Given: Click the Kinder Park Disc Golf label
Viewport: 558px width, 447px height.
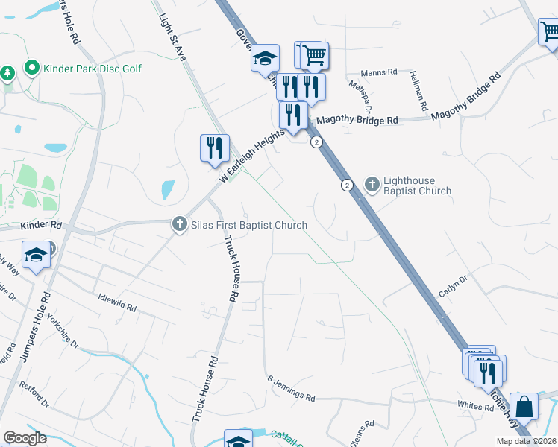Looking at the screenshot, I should pyautogui.click(x=93, y=69).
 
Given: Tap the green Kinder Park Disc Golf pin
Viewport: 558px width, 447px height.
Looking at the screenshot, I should pyautogui.click(x=32, y=69).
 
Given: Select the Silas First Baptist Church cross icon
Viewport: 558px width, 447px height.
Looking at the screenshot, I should pyautogui.click(x=179, y=224).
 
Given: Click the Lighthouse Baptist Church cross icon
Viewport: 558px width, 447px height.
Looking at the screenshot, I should pyautogui.click(x=372, y=183).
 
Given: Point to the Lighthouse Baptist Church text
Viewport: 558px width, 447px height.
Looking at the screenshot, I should pyautogui.click(x=417, y=186).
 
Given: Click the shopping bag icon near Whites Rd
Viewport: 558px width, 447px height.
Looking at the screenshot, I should pyautogui.click(x=524, y=407).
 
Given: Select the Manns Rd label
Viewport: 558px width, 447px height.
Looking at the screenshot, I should pyautogui.click(x=376, y=73).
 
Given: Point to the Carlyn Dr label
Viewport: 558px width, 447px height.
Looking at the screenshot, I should pyautogui.click(x=452, y=287).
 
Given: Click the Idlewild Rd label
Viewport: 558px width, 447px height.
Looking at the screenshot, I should pyautogui.click(x=117, y=301).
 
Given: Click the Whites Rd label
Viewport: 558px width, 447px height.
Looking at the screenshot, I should pyautogui.click(x=471, y=405).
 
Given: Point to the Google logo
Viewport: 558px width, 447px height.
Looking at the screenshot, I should pyautogui.click(x=25, y=438).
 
